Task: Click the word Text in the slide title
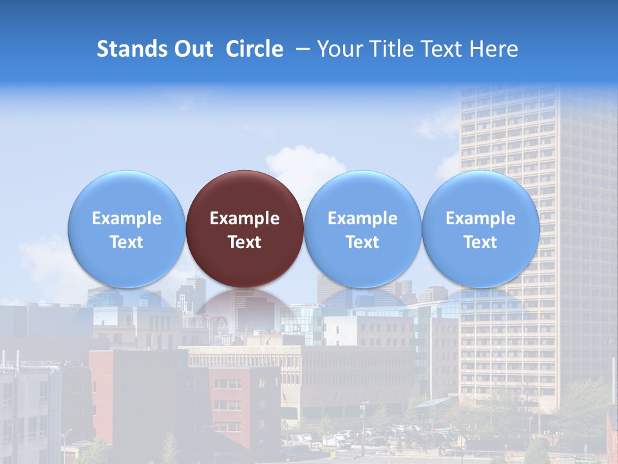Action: click(443, 49)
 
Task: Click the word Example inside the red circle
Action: click(245, 218)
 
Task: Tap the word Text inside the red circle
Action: click(245, 242)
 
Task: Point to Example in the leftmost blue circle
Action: click(126, 218)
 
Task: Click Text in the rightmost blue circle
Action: click(481, 242)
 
